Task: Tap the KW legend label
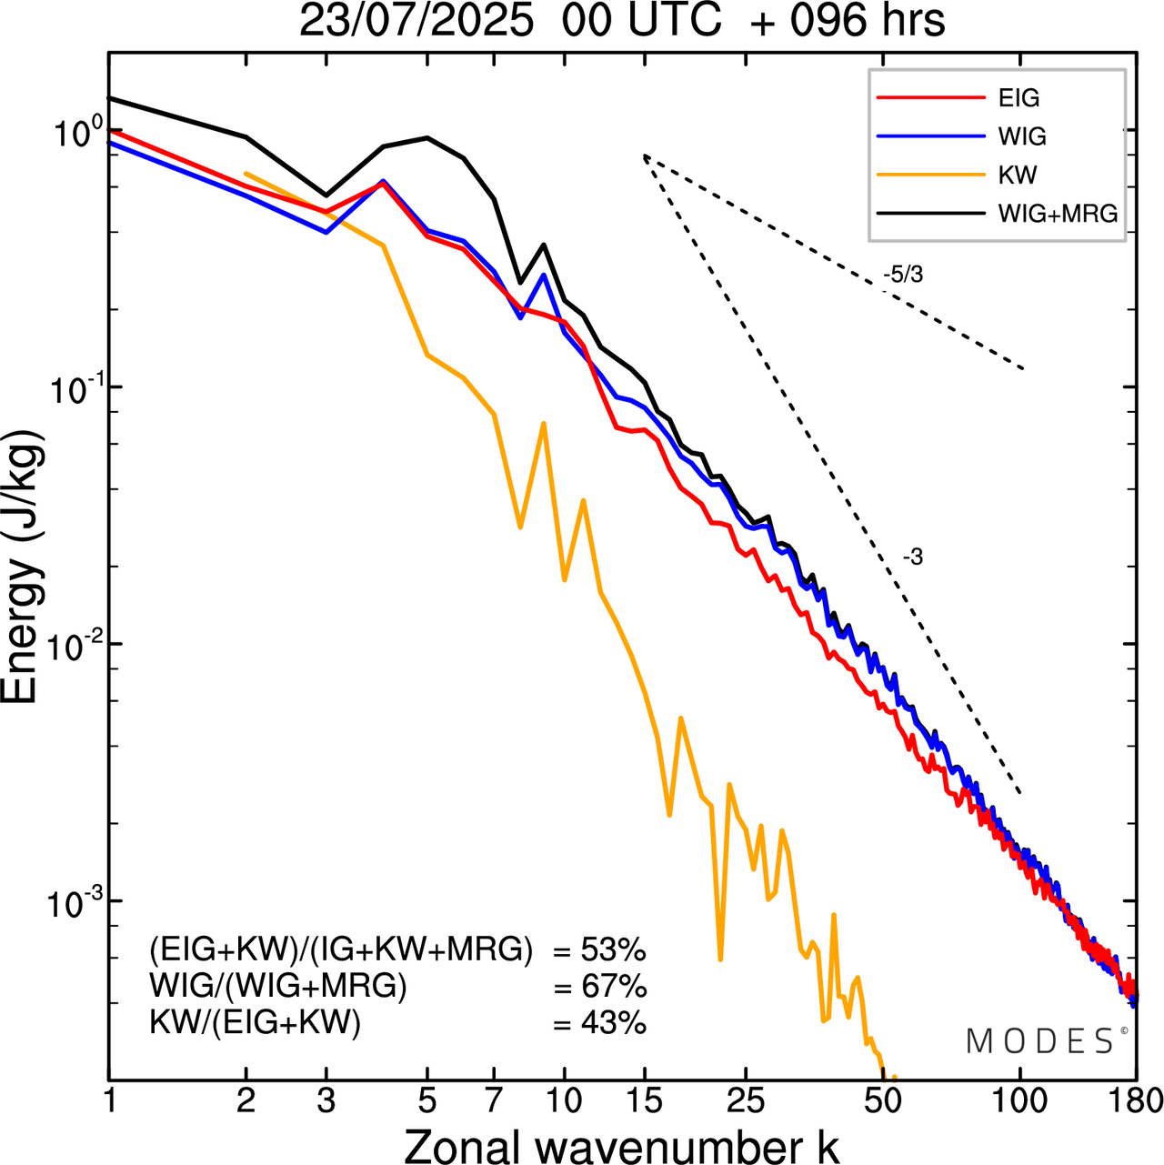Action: click(1018, 175)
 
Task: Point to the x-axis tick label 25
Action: click(746, 1101)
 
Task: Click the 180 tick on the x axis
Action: click(1135, 1101)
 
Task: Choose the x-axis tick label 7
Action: click(494, 1101)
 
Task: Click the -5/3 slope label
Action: click(902, 275)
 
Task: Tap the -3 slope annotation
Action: click(912, 557)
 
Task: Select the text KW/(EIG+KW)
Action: click(256, 1023)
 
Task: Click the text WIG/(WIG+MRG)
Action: click(278, 987)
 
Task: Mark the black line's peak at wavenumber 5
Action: click(427, 137)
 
